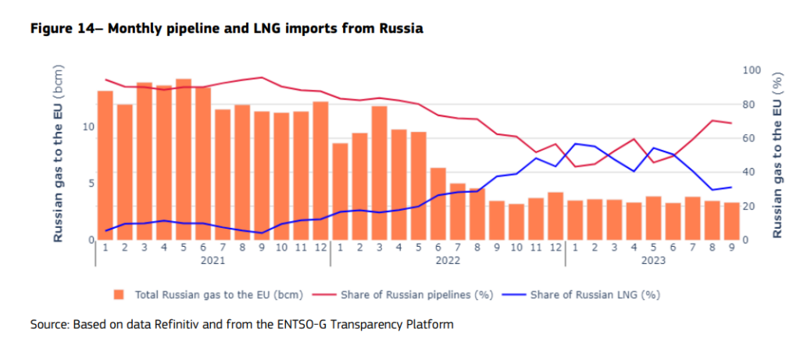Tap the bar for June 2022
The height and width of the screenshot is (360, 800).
pos(438,204)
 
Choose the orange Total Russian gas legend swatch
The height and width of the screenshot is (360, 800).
pos(119,295)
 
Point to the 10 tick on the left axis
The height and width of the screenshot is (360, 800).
pos(88,127)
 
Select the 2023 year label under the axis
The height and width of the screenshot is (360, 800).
pos(653,260)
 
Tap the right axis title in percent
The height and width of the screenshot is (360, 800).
pos(777,155)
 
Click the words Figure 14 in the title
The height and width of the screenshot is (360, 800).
pos(62,29)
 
